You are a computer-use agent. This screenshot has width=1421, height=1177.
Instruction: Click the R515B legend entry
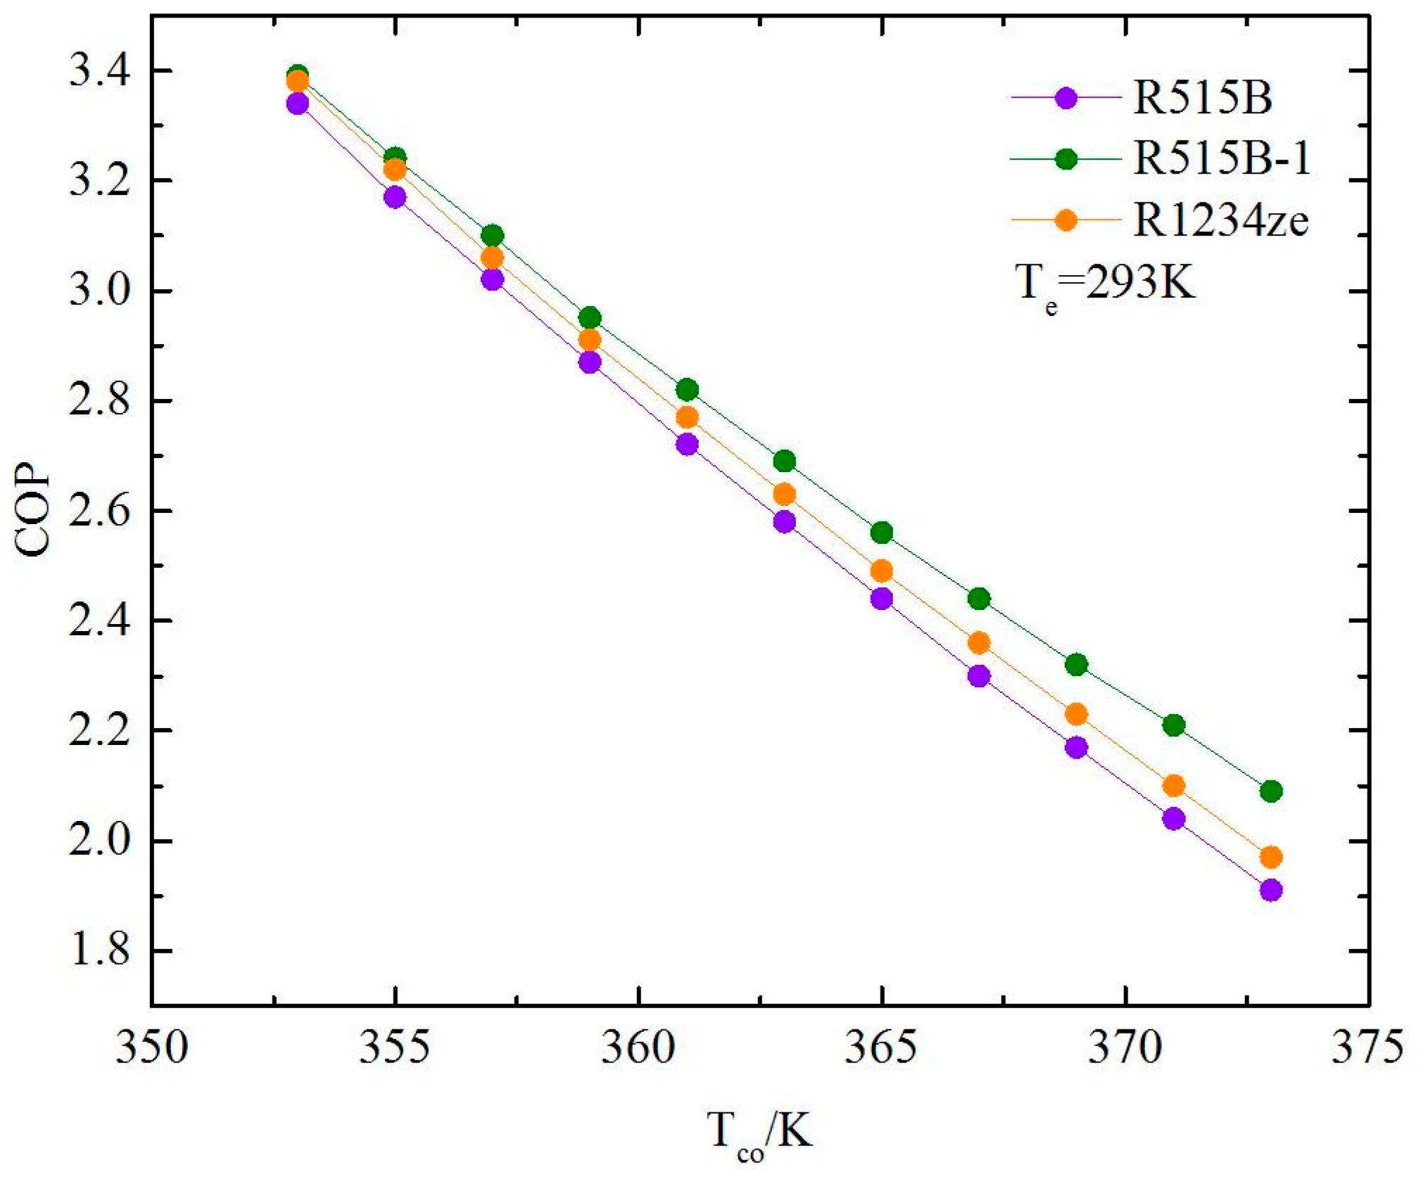1201,97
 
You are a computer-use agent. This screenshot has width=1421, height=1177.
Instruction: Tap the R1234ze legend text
1220,220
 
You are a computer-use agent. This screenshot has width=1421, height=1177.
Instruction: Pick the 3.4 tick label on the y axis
99,71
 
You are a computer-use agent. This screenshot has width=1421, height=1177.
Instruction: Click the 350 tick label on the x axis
151,1047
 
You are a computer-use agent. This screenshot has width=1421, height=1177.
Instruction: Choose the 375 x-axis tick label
1367,1047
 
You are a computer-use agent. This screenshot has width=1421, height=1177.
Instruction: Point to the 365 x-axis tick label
880,1047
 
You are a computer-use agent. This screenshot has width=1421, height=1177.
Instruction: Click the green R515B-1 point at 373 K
1270,791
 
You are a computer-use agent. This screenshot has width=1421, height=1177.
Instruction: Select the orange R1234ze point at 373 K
1270,858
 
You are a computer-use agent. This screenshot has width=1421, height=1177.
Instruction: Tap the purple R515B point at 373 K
1270,891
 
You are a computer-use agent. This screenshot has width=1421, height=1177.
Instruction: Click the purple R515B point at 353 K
298,104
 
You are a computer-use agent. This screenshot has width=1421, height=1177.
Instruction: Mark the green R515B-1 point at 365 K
881,533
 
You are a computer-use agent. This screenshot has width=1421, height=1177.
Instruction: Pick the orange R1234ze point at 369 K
1076,715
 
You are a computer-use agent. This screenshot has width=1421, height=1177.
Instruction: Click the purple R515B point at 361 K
687,445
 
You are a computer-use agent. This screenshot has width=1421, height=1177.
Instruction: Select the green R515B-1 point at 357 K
493,235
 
